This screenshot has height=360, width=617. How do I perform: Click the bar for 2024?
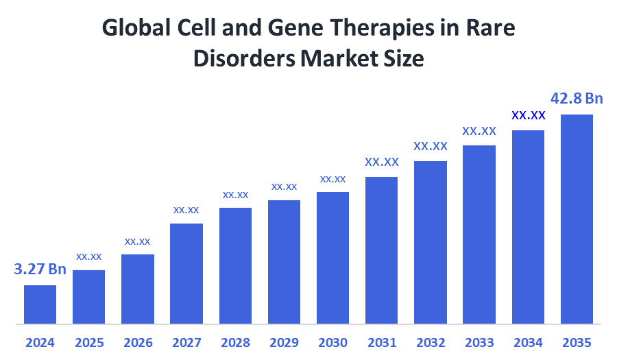[x=40, y=304]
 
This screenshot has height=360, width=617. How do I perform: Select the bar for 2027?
[x=186, y=273]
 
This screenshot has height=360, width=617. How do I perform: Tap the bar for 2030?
[x=332, y=257]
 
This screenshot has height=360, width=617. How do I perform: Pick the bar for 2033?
[x=479, y=234]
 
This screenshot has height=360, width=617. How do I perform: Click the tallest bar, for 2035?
[x=577, y=218]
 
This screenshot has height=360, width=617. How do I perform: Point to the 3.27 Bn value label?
[x=40, y=269]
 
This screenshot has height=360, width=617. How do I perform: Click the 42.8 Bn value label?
[x=577, y=99]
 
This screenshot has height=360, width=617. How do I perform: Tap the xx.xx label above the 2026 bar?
[x=137, y=241]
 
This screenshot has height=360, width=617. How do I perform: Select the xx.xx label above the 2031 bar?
[x=381, y=163]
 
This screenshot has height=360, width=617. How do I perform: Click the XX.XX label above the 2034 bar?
[x=528, y=115]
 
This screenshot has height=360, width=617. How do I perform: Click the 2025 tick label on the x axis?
[x=88, y=342]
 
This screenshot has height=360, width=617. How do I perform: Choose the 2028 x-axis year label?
[x=235, y=342]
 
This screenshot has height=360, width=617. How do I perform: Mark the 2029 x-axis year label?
[x=284, y=342]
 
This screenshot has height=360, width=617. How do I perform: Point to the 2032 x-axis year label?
[x=431, y=342]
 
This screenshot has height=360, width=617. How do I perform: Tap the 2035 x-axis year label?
[x=577, y=342]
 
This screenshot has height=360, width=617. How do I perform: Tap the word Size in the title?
[x=406, y=59]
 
